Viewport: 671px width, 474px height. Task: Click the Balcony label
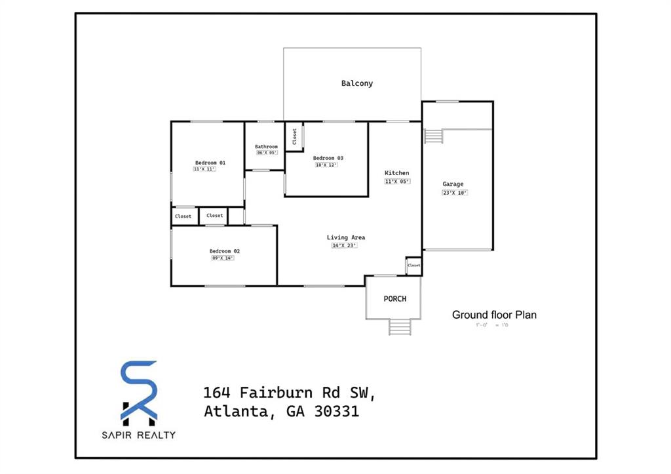356,83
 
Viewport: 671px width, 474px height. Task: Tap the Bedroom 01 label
210,163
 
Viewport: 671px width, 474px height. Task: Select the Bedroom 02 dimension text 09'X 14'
223,258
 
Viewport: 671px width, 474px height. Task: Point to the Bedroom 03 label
328,158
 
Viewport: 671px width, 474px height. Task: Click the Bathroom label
266,147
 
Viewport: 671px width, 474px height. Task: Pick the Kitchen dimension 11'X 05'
397,181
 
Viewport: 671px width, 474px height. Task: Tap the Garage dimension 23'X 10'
455,193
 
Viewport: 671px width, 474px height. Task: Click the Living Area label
346,237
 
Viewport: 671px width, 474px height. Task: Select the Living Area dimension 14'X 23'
344,245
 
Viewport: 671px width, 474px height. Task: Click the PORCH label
394,299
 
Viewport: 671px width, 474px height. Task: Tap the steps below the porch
399,326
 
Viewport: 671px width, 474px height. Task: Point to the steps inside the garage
434,136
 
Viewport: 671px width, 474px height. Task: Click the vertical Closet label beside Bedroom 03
295,136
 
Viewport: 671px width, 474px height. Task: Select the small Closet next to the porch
413,265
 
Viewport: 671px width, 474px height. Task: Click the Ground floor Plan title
494,315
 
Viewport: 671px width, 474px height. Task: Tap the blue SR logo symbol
139,390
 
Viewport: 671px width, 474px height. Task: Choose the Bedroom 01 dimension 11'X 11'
204,169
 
